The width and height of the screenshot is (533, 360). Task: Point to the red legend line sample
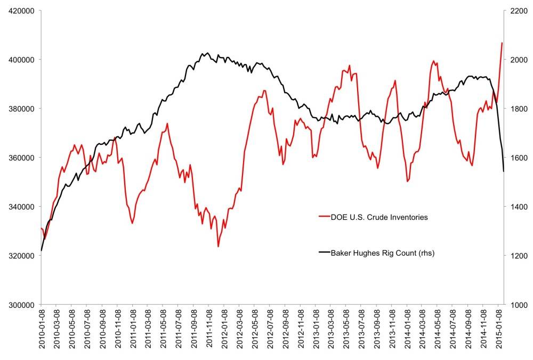pos(324,217)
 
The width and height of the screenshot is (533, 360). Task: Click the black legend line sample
pos(324,253)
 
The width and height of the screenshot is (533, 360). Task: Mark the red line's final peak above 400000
pos(502,43)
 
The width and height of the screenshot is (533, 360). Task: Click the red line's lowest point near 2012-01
pos(218,247)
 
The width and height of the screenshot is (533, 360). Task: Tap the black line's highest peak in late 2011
pos(207,53)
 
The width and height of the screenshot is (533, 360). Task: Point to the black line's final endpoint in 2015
pos(504,171)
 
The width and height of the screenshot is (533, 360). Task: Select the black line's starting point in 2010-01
pos(41,250)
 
